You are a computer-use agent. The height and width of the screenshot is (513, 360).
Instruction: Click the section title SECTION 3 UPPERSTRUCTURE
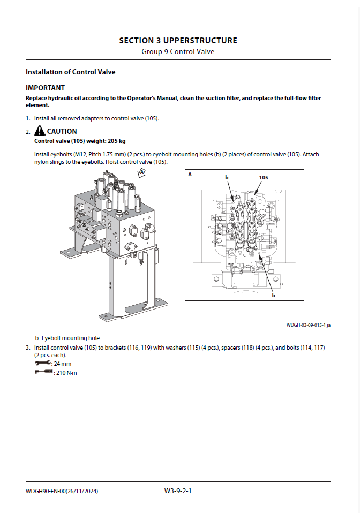coord(178,40)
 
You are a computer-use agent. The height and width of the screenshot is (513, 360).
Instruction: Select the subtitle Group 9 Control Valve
coord(178,51)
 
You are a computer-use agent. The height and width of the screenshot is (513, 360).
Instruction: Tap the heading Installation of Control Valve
coord(70,72)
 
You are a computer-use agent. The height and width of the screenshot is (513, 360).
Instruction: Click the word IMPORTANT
coord(46,88)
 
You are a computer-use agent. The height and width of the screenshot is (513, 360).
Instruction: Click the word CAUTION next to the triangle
coord(62,131)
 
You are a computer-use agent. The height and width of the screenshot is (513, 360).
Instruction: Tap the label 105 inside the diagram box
coord(264,177)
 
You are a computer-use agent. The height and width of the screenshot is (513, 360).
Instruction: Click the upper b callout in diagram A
coord(227,177)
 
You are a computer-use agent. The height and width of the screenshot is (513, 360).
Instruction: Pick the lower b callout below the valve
coord(273,295)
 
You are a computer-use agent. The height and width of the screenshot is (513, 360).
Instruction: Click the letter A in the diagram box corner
coord(190,175)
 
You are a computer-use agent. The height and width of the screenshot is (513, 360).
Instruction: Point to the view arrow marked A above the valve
coord(142,172)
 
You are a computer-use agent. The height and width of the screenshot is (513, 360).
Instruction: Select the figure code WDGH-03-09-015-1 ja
coord(308,325)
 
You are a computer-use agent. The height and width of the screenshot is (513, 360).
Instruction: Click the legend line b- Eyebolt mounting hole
coord(67,338)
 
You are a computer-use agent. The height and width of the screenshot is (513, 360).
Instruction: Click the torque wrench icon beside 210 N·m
coord(43,372)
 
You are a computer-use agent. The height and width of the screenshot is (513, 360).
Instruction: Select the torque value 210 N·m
coord(66,372)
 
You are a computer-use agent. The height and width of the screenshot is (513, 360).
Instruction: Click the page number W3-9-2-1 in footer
coord(178,490)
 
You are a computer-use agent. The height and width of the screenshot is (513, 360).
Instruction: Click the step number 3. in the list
coord(28,348)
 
